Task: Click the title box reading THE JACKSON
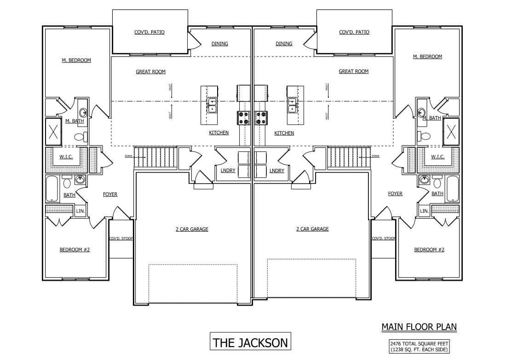coord(250,343)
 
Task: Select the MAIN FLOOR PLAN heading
coord(419,327)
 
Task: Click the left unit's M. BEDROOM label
coord(76,60)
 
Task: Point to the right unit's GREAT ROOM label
coord(353,71)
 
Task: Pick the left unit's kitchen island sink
coord(212,105)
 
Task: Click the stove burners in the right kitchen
coord(261,118)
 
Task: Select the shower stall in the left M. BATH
coord(54,130)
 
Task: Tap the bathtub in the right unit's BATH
coord(452,189)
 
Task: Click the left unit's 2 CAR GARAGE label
coord(192,229)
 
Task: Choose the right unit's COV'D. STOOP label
coord(383,238)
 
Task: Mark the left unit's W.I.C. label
coord(66,157)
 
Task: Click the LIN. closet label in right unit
coord(424,211)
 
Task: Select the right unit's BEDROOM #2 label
coord(429,250)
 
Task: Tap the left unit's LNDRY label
coord(228,170)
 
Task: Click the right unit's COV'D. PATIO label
coord(354,32)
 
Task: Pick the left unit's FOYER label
coord(110,194)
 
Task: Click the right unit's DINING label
coord(284,44)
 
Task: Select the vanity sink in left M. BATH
coord(83,112)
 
